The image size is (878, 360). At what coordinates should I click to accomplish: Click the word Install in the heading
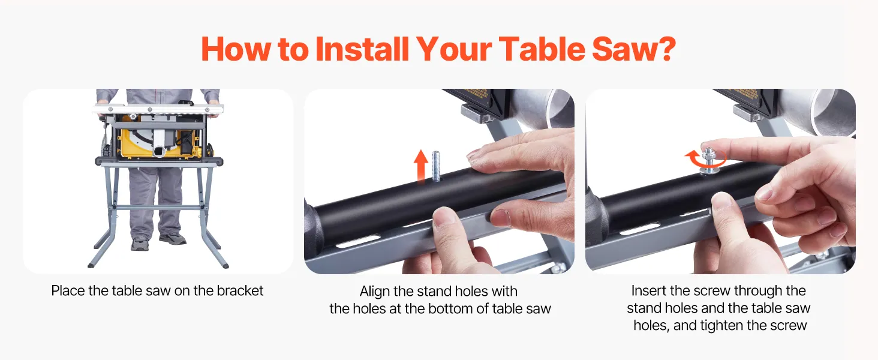tap(362, 49)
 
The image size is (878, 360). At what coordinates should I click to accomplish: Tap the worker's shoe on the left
tap(140, 244)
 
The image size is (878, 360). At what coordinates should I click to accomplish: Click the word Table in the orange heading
tap(542, 49)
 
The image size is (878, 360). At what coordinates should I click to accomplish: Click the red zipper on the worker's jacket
tap(158, 96)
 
